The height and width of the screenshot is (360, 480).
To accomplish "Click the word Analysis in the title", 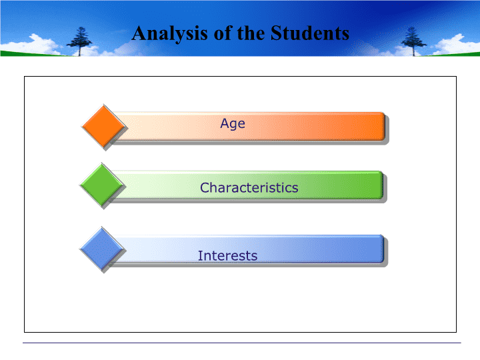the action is click(x=170, y=34).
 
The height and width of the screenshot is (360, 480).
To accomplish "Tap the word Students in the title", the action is click(x=310, y=33).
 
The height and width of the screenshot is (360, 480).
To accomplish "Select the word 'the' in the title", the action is click(x=251, y=33).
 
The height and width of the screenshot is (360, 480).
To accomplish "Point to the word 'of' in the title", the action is click(x=222, y=33).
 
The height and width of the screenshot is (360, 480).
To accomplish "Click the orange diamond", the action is click(x=104, y=126).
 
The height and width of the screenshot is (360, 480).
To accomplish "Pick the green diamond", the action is click(x=102, y=185).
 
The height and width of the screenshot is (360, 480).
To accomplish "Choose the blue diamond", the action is click(x=102, y=249).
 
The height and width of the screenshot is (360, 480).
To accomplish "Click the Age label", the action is click(x=233, y=124).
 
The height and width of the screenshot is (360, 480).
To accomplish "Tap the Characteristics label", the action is click(x=249, y=187).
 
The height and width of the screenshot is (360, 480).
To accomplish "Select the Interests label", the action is click(x=227, y=256).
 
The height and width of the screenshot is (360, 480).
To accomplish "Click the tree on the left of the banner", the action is click(x=79, y=41).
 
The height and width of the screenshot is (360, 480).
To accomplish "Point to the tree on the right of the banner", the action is click(x=413, y=41).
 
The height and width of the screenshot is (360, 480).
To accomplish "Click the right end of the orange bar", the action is click(x=385, y=127).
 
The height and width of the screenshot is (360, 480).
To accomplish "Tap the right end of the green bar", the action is click(x=383, y=185).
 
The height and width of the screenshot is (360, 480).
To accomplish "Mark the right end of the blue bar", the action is click(x=383, y=249).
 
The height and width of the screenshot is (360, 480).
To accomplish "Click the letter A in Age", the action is click(x=225, y=123).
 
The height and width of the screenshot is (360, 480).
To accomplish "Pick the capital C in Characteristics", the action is click(x=205, y=187).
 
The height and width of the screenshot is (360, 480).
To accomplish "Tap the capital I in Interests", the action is click(x=200, y=256).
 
